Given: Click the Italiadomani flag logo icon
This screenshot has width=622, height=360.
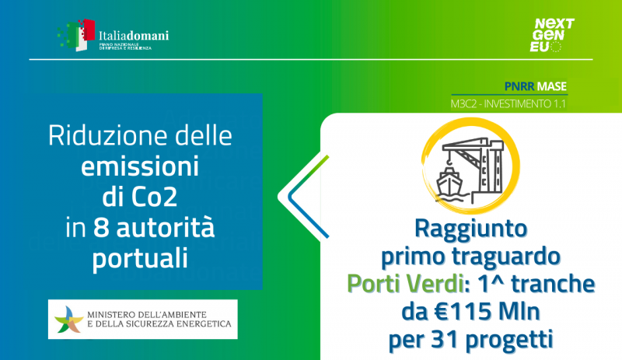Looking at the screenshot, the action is click(76, 35).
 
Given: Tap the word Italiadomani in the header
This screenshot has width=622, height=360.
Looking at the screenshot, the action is click(134, 35).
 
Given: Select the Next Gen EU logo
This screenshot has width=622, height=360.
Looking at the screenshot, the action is click(552, 35).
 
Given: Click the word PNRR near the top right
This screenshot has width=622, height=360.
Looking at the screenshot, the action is click(519, 86).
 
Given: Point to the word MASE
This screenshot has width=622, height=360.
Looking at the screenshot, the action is click(552, 86).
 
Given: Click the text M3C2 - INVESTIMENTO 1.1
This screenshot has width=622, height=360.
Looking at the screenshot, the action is click(508, 104).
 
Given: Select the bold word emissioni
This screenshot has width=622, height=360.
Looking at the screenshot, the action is click(140, 166).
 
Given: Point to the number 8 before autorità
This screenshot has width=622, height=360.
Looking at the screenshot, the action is click(101, 228).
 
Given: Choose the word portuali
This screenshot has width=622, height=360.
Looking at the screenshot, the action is click(140, 260).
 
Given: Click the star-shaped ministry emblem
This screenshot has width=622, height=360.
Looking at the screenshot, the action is click(68, 320).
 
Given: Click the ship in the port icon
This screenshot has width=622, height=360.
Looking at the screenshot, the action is click(449, 183).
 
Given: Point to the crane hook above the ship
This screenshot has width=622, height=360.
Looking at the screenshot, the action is click(449, 162).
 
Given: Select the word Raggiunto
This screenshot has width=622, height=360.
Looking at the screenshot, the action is click(471, 229).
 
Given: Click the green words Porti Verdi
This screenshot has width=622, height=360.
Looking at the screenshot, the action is click(405, 284).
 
